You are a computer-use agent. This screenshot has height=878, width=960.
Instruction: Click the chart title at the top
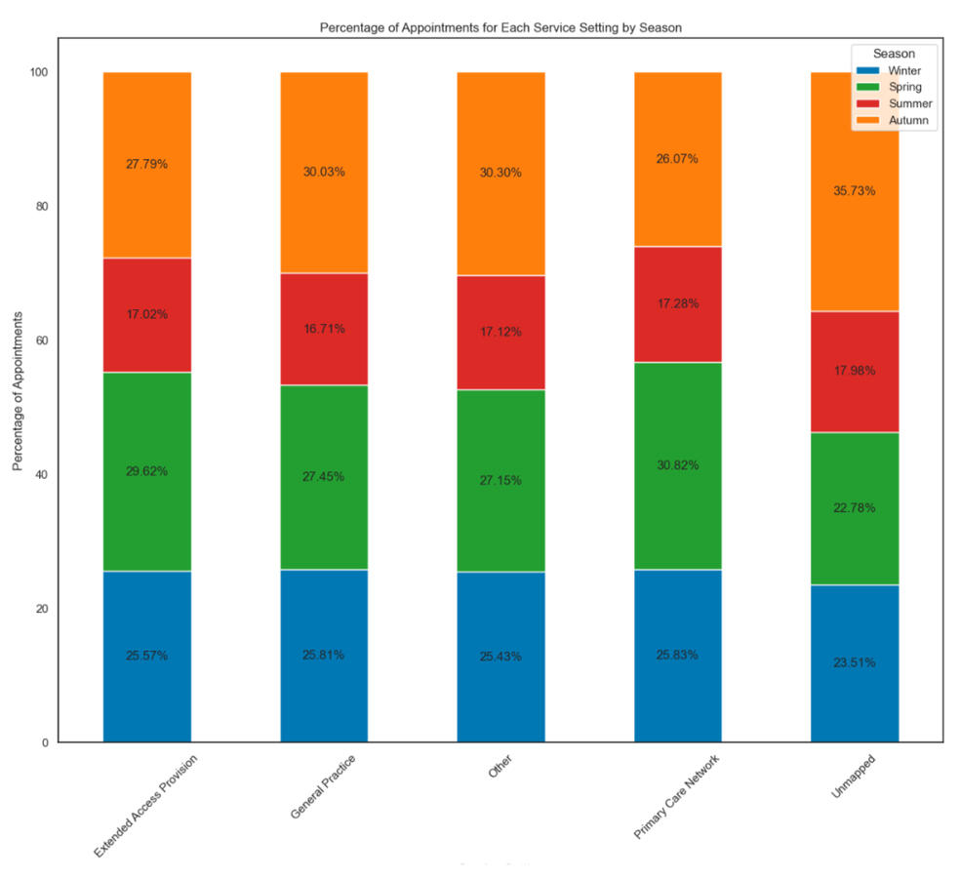coord(500,27)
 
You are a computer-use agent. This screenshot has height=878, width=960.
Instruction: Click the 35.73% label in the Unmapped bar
coord(854,191)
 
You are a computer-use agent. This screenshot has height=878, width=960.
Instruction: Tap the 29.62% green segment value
coord(146,471)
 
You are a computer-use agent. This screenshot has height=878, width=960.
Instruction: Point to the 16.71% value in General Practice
coord(324,329)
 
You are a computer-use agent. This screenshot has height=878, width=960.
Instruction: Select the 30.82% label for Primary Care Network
coord(677,465)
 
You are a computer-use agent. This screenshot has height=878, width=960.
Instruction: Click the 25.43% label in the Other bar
coord(500,657)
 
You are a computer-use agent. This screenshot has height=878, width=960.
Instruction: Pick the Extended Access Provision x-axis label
coord(147,806)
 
